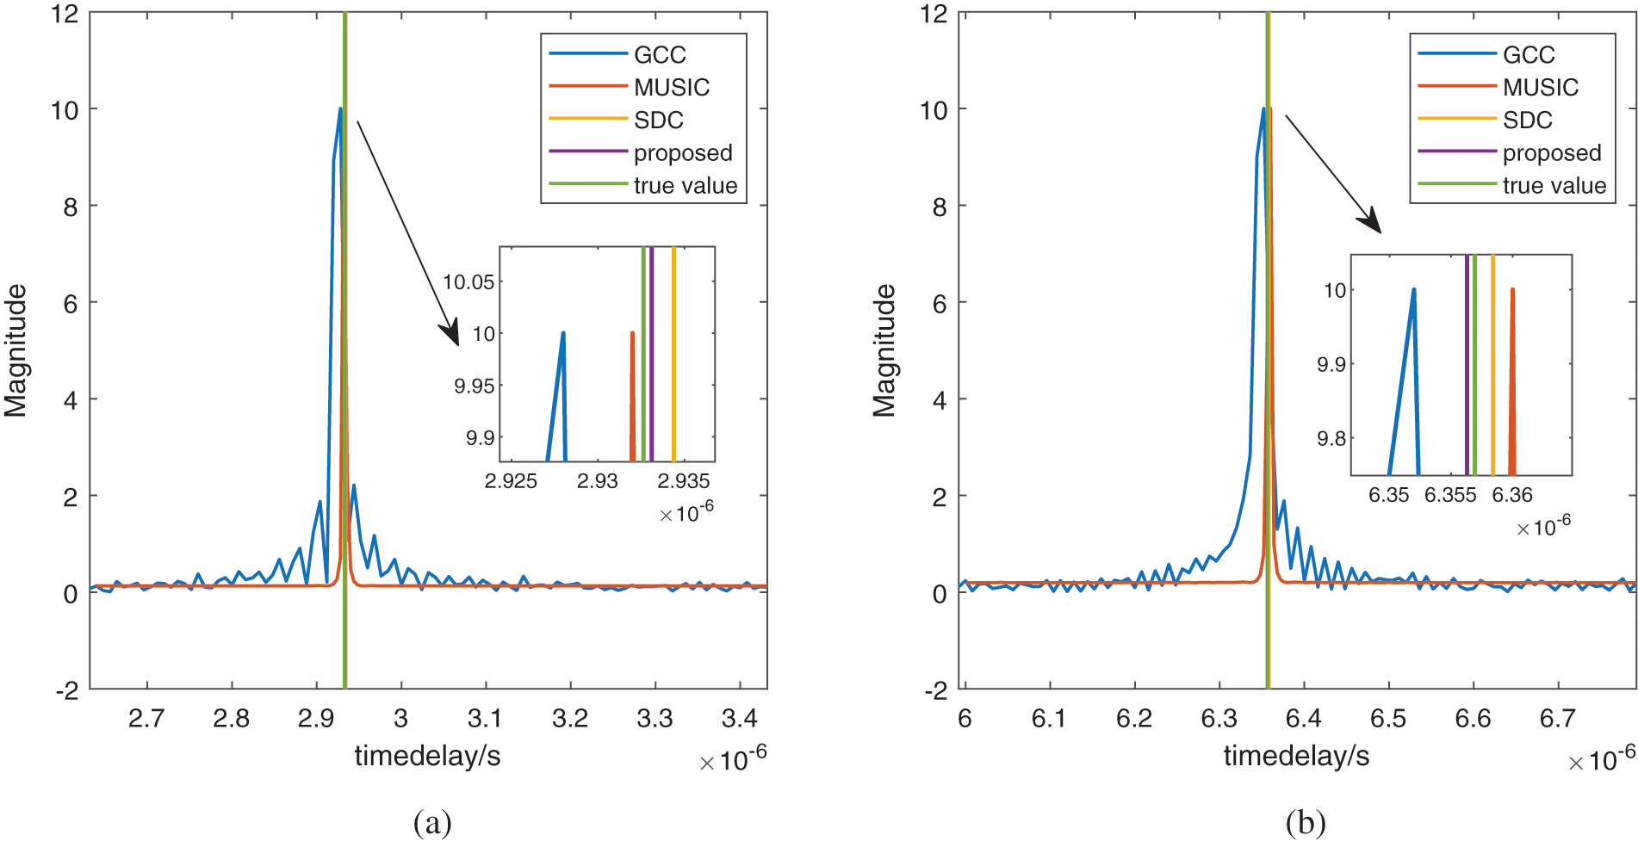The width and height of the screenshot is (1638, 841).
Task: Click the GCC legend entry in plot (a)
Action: (x=660, y=55)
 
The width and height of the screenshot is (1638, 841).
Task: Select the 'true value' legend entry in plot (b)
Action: (x=1554, y=186)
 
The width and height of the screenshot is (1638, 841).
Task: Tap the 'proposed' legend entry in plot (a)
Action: (x=682, y=153)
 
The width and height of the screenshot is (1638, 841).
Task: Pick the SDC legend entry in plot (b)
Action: (x=1527, y=121)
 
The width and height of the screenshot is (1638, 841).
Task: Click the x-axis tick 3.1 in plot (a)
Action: (x=486, y=718)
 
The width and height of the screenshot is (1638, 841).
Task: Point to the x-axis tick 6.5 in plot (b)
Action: (x=1388, y=718)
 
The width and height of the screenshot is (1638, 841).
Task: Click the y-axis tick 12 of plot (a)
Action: (x=65, y=14)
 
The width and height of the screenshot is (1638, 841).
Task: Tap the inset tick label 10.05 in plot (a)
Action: (x=468, y=282)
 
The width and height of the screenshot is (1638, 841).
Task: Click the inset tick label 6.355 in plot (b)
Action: (x=1450, y=496)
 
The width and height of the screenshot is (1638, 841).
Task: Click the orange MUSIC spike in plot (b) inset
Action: (x=1512, y=379)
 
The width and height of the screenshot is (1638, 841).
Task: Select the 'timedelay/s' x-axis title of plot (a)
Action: (x=427, y=756)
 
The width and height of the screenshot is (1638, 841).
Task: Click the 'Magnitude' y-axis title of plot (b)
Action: (x=884, y=350)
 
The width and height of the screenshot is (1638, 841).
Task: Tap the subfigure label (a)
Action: (x=432, y=823)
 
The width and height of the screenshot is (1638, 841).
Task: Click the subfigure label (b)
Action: (x=1305, y=823)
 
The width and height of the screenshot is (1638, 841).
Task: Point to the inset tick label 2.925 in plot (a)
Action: (x=511, y=481)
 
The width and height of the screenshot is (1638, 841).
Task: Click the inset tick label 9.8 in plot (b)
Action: (x=1331, y=439)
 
